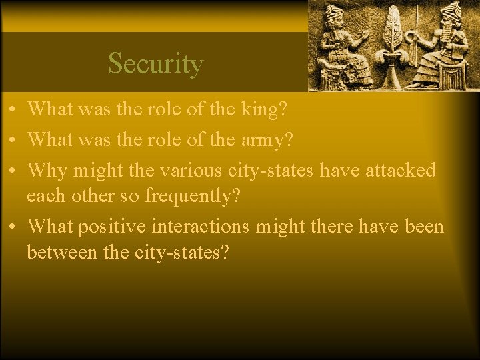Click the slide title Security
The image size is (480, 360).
155,64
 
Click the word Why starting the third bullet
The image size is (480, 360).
48,170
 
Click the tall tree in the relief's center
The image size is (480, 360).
391,33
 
